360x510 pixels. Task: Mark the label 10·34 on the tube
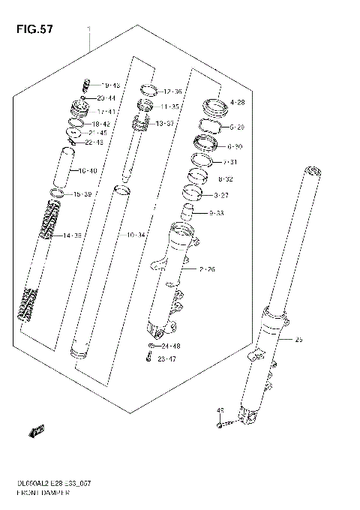tap(136, 235)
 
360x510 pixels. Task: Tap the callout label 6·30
tap(235, 147)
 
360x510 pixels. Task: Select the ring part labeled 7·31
tap(202, 160)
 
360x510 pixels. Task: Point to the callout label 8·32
tap(226, 180)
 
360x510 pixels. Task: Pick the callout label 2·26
tap(207, 268)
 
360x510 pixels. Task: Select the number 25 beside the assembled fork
tap(299, 340)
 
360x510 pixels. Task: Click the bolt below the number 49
tap(220, 425)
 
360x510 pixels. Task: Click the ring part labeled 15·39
tap(56, 194)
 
